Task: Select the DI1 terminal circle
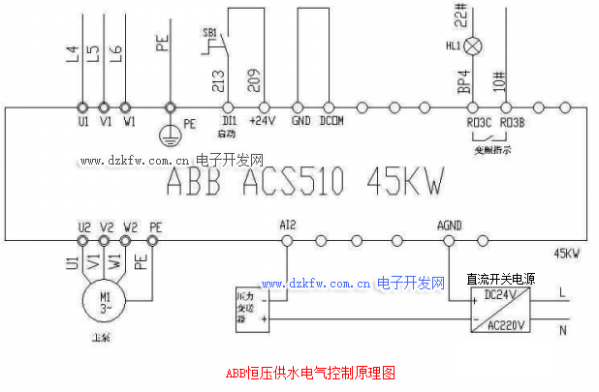[230, 107]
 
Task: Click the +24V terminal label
[262, 122]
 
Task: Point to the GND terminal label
[300, 122]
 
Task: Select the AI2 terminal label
[287, 225]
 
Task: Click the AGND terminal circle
[448, 238]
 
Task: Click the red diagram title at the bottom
[311, 373]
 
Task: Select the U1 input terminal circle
[81, 107]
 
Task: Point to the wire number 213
[217, 79]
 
